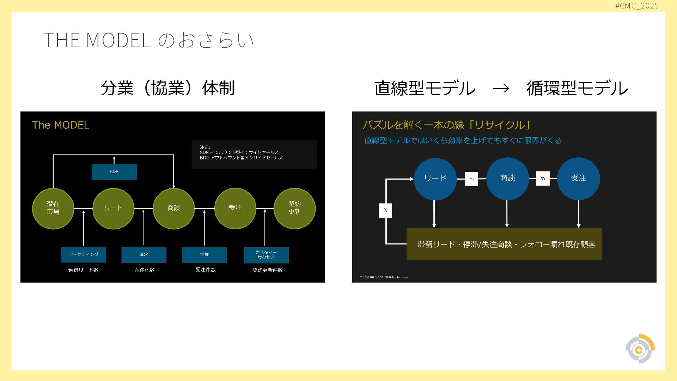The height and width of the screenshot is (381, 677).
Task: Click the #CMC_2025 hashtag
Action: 637,6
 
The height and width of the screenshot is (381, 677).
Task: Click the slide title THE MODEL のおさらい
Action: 148,40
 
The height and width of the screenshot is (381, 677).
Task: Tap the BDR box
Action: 114,172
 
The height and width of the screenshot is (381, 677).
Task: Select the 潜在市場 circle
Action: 53,208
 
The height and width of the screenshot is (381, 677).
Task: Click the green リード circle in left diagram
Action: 113,208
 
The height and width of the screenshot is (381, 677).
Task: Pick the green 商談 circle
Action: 173,208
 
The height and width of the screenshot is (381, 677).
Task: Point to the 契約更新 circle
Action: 294,208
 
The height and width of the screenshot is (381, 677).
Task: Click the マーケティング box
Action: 83,254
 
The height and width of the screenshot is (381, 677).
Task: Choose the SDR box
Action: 144,254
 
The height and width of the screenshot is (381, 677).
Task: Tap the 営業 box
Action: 205,254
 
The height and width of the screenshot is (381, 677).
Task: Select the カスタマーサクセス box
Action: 266,255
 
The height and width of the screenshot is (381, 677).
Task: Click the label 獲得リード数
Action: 83,270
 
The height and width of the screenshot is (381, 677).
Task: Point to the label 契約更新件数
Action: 267,270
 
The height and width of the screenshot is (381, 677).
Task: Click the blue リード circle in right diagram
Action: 435,179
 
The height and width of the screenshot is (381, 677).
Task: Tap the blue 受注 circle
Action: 578,179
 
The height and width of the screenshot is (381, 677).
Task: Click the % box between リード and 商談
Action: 471,179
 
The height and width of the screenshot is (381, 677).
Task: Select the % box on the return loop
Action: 385,210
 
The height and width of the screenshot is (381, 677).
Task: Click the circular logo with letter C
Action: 640,349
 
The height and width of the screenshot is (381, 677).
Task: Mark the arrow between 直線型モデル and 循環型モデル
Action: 501,88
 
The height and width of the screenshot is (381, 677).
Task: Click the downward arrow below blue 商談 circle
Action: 507,214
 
